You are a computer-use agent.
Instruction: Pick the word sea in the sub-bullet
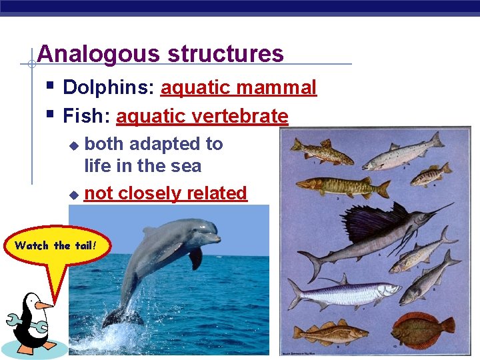click(x=187, y=165)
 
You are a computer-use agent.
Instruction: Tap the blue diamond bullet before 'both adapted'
click(x=74, y=145)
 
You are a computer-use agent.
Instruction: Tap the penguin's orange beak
click(x=44, y=305)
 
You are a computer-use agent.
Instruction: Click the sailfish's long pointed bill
click(x=437, y=211)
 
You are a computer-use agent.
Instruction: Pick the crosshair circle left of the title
click(x=31, y=65)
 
